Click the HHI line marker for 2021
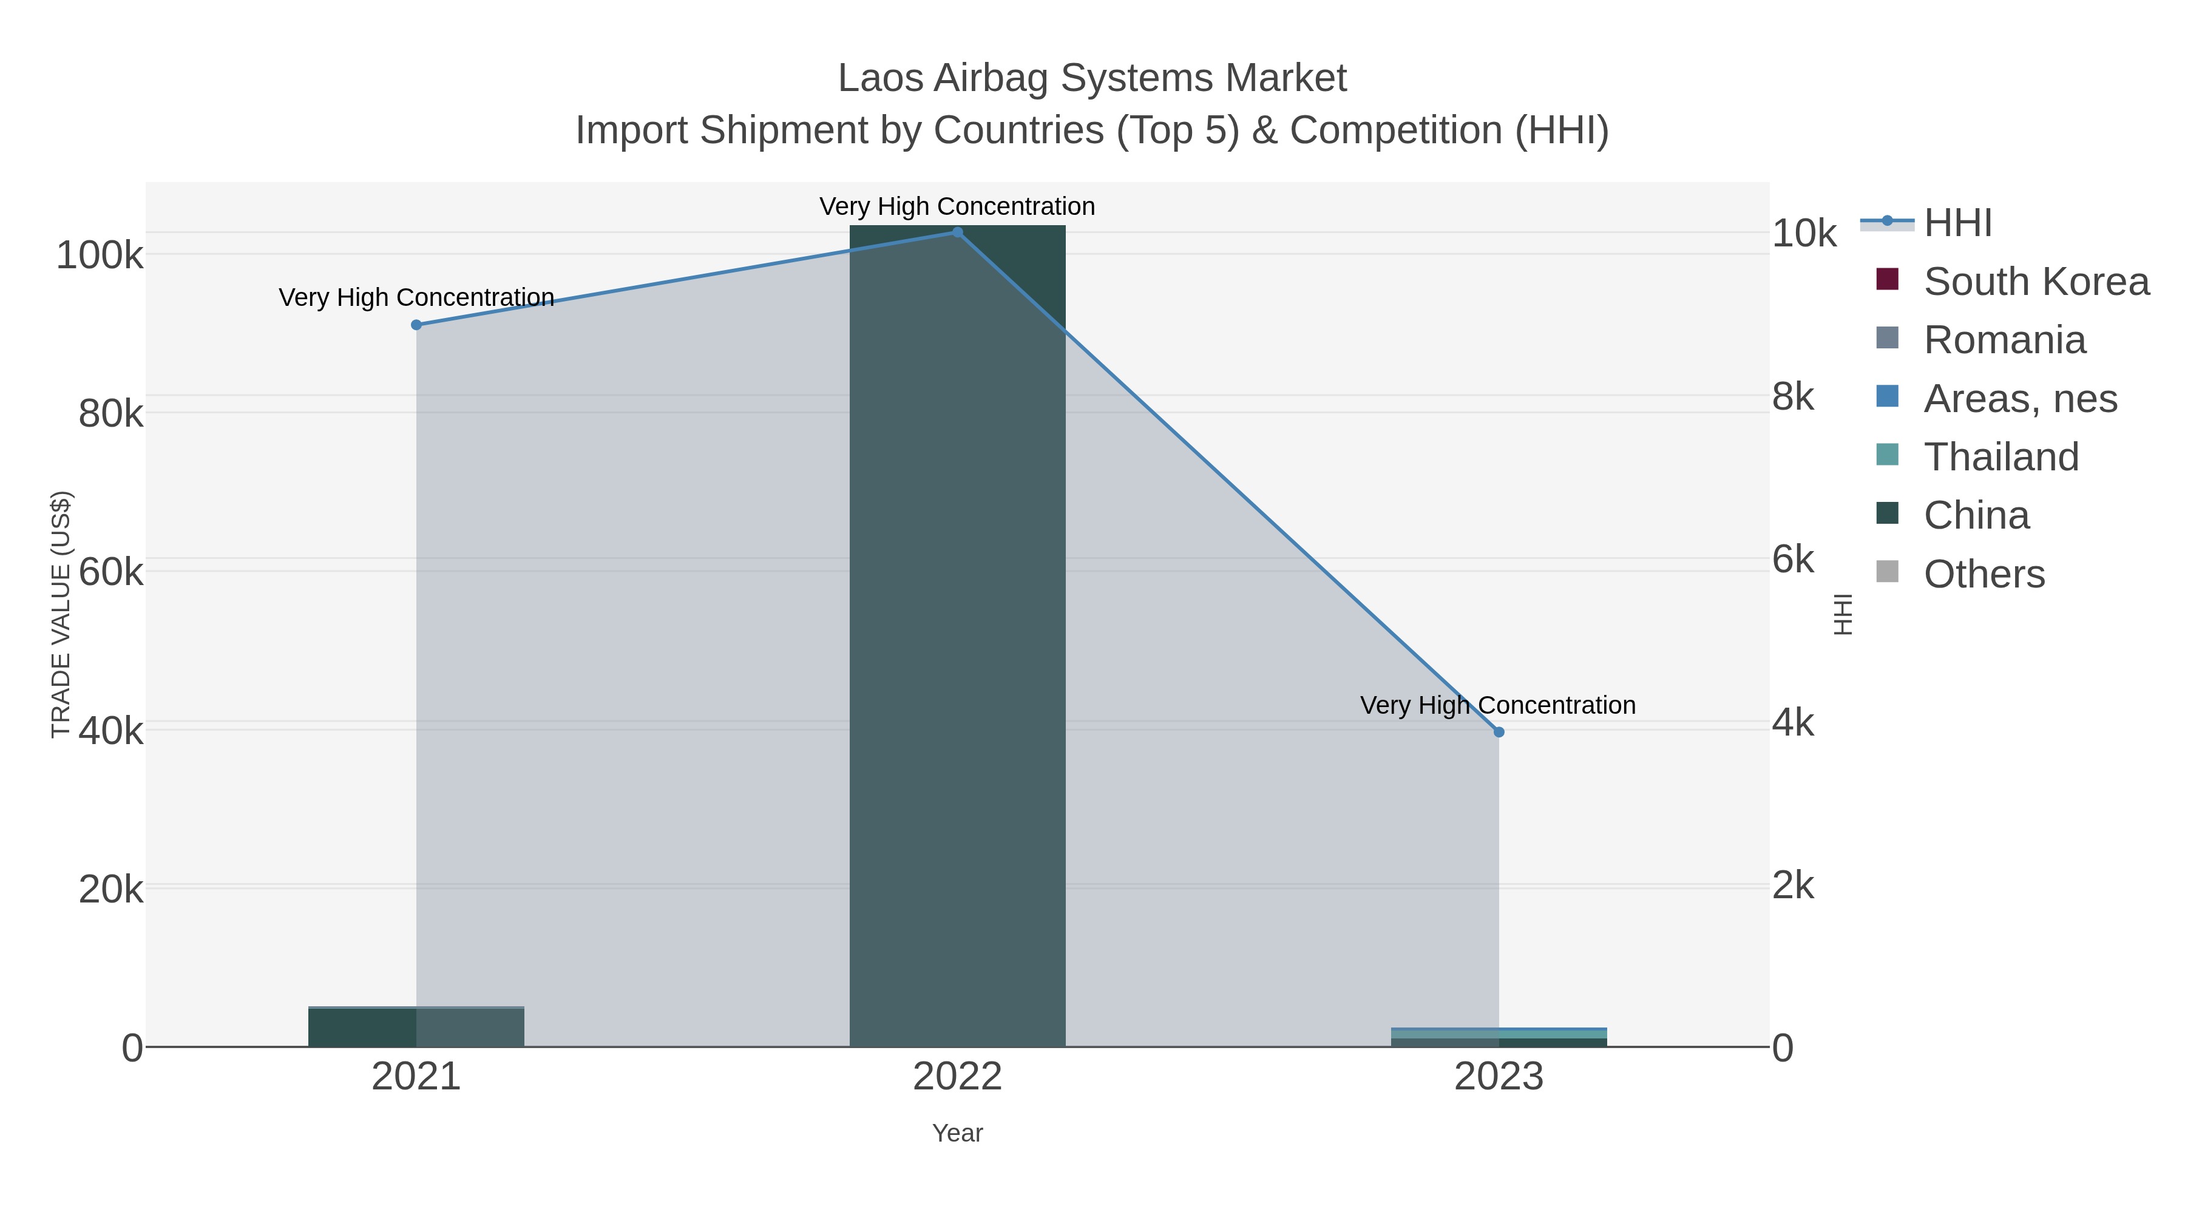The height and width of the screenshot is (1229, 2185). (x=416, y=325)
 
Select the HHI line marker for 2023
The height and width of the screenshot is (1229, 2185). (x=1499, y=732)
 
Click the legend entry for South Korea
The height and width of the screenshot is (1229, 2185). (x=2036, y=282)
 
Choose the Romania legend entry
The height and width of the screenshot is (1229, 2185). (x=2004, y=340)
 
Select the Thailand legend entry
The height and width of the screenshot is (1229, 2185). (x=2001, y=457)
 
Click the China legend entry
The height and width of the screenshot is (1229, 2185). (x=1976, y=516)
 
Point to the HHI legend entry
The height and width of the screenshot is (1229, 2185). (x=1957, y=223)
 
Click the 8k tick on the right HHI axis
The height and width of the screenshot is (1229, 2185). (x=1793, y=397)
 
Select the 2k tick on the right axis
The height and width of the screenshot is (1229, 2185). (x=1793, y=885)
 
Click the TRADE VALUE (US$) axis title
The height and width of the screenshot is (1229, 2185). (x=61, y=614)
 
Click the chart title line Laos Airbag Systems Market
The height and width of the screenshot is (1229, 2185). (x=1092, y=78)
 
